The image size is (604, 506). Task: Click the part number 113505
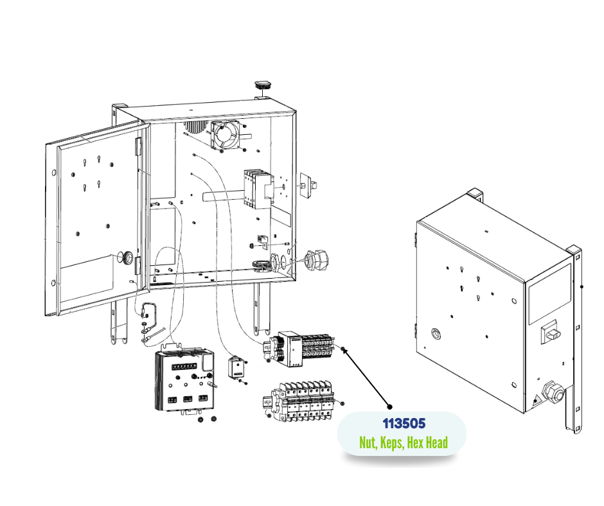pyautogui.click(x=403, y=424)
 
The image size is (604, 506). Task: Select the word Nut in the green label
pyautogui.click(x=367, y=442)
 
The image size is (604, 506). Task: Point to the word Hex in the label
pyautogui.click(x=416, y=442)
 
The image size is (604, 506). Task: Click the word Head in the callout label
pyautogui.click(x=437, y=442)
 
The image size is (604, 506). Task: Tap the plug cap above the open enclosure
pyautogui.click(x=263, y=85)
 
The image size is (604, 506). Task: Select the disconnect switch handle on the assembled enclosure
pyautogui.click(x=551, y=332)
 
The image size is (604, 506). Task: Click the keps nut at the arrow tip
pyautogui.click(x=346, y=350)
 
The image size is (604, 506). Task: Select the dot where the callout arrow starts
pyautogui.click(x=389, y=406)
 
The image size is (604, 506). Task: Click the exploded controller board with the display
pyautogui.click(x=185, y=380)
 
